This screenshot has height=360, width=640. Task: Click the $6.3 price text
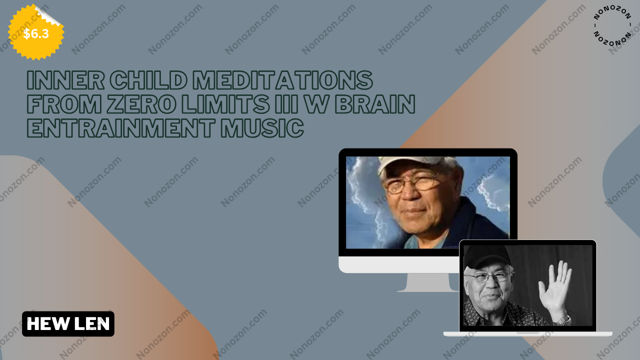click(36, 33)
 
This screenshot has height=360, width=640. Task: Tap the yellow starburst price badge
click(35, 32)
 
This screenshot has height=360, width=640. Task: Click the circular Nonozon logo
click(612, 25)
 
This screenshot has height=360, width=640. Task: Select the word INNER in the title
click(65, 80)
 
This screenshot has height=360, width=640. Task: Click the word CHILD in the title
click(148, 80)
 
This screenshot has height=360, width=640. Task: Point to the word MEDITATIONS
click(282, 80)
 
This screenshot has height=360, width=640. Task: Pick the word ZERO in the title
click(141, 104)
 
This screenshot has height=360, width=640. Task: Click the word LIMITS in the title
click(225, 104)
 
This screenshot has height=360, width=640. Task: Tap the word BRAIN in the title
click(375, 104)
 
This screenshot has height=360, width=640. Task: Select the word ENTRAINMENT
click(121, 128)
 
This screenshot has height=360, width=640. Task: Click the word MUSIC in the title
click(261, 128)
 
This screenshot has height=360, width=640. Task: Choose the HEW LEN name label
click(68, 323)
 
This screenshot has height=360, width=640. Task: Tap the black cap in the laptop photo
click(487, 255)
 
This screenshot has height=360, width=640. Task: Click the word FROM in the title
click(64, 104)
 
